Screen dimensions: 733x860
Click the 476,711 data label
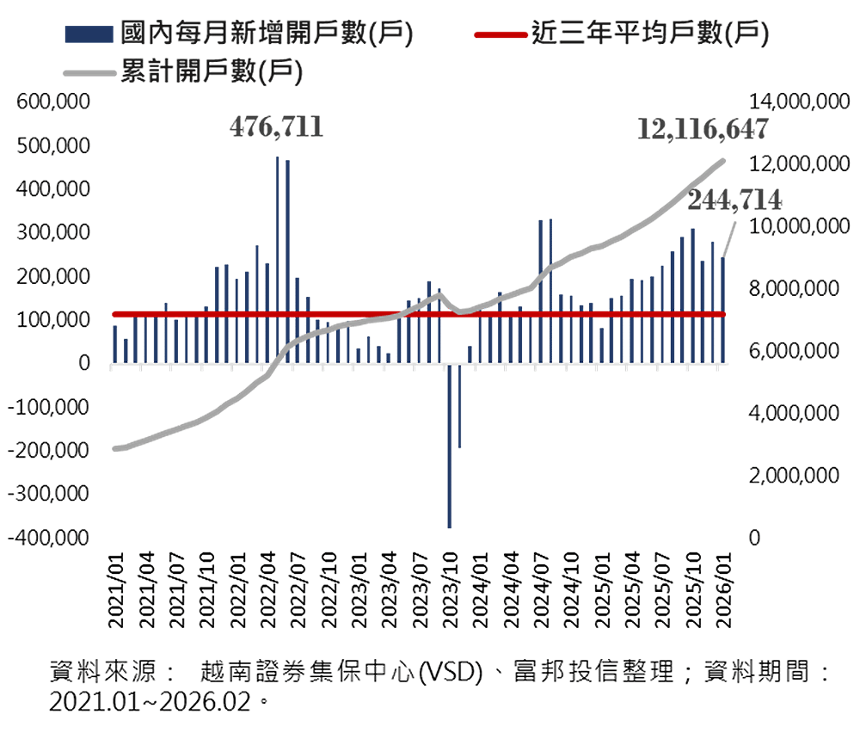click(276, 127)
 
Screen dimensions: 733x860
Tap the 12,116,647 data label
click(703, 129)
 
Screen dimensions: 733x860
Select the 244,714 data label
click(735, 200)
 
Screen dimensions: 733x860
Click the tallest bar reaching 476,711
click(277, 258)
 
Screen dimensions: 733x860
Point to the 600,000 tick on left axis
click(53, 102)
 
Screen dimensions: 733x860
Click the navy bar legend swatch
click(89, 34)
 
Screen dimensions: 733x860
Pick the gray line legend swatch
click(89, 72)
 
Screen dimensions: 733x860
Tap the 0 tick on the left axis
click(84, 363)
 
